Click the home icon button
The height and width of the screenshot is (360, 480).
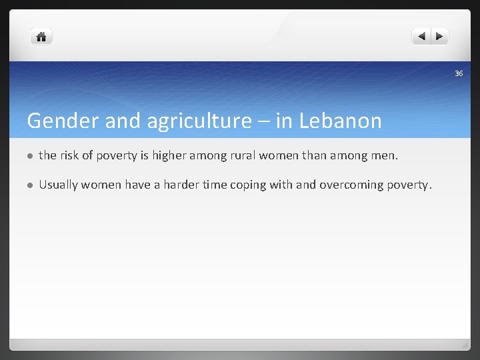41,37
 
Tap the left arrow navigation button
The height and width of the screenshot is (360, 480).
421,37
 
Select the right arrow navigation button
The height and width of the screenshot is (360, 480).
440,37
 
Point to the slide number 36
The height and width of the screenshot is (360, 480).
459,73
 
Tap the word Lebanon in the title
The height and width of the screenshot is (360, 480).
340,121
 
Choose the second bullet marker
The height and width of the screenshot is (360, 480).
29,185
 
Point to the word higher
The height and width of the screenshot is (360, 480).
169,156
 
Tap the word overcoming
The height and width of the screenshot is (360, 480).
351,185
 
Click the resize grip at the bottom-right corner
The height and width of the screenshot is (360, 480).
465,344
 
